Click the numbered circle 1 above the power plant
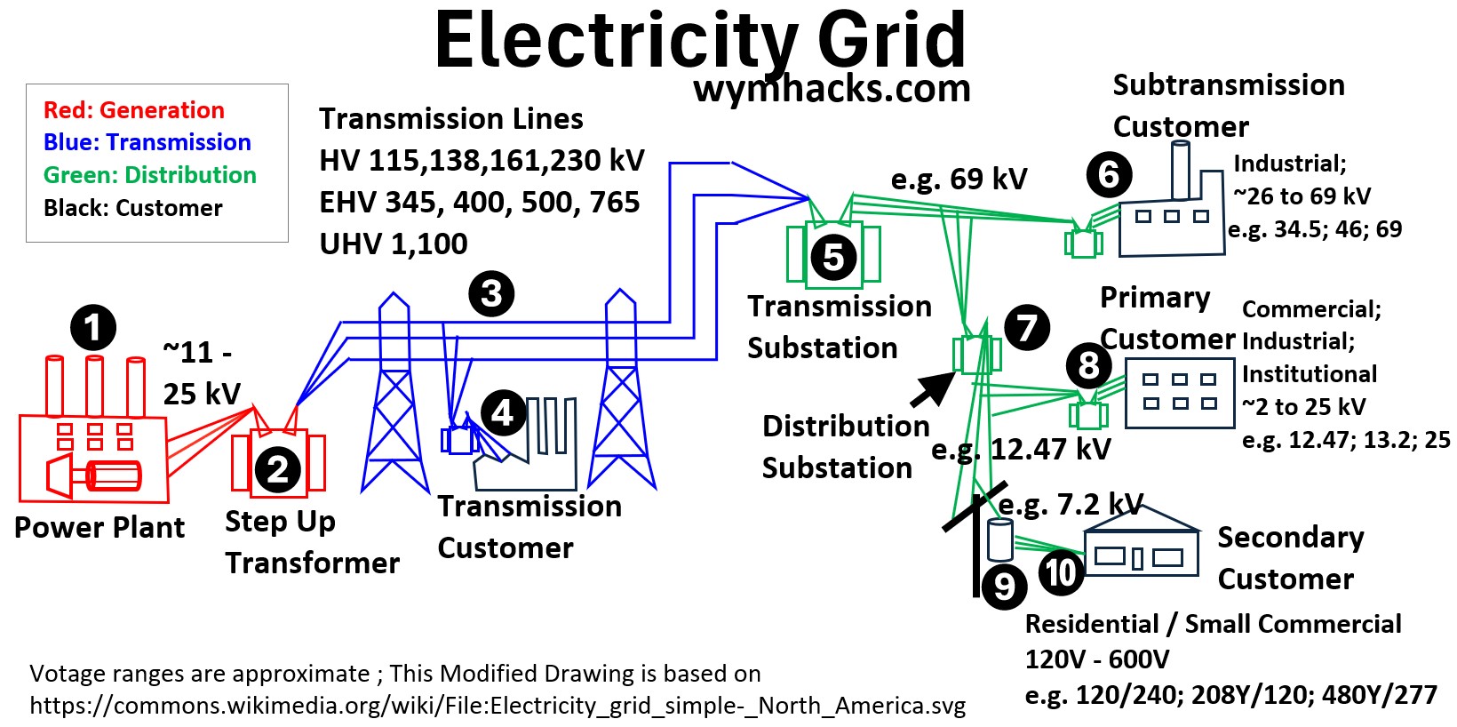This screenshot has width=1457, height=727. point(93,328)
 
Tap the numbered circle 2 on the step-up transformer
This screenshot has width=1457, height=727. point(278,469)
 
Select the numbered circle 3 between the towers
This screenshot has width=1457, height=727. point(491,293)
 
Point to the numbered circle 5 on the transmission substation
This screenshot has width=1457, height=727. point(833,258)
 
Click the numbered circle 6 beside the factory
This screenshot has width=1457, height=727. point(1109,173)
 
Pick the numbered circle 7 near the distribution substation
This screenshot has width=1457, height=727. point(1027,327)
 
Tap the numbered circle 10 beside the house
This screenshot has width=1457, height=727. point(1060,571)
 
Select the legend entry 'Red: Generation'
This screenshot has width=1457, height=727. point(134,110)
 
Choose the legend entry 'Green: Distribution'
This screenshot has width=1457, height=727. point(150,175)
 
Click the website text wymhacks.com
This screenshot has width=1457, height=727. point(832,89)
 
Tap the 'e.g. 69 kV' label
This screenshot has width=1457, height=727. point(959,180)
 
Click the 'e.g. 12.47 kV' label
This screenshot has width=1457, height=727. point(1021,450)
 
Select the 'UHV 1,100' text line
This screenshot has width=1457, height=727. point(394,244)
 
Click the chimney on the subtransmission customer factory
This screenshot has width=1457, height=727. point(1181,170)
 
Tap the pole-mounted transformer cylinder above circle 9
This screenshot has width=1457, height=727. point(1000,539)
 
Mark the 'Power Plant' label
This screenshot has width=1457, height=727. point(100,528)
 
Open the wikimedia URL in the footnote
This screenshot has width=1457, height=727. point(498,706)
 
